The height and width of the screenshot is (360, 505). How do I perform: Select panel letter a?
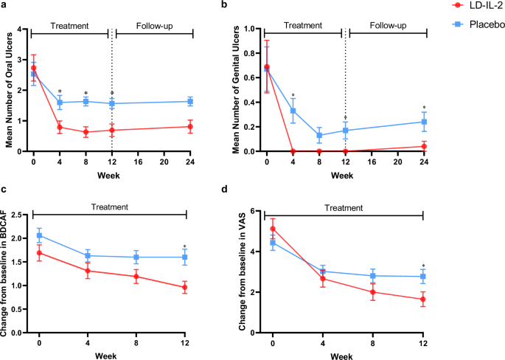coord(4,6)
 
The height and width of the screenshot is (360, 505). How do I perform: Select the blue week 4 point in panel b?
coord(293,111)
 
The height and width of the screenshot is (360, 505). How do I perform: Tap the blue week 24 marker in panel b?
coord(424,122)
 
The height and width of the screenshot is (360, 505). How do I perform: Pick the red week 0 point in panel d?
coord(273,229)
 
